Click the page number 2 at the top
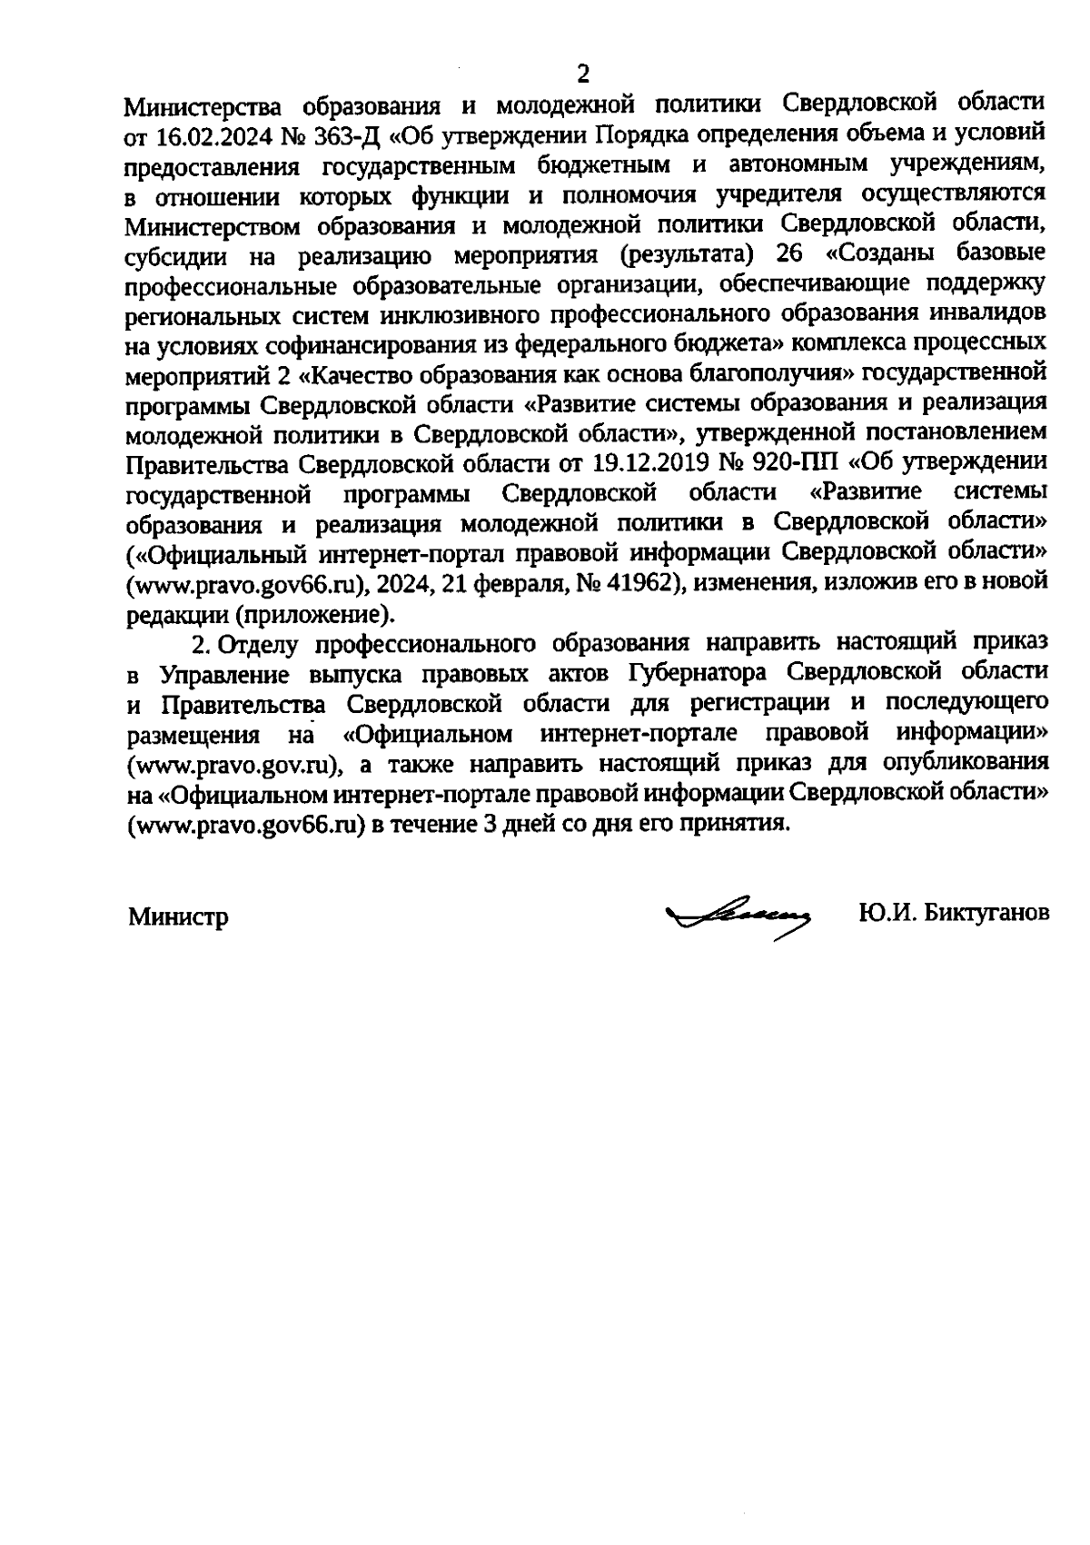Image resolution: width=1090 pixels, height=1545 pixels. click(x=583, y=73)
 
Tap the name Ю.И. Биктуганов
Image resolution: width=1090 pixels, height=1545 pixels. click(x=953, y=913)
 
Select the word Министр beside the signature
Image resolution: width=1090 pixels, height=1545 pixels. click(x=177, y=916)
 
